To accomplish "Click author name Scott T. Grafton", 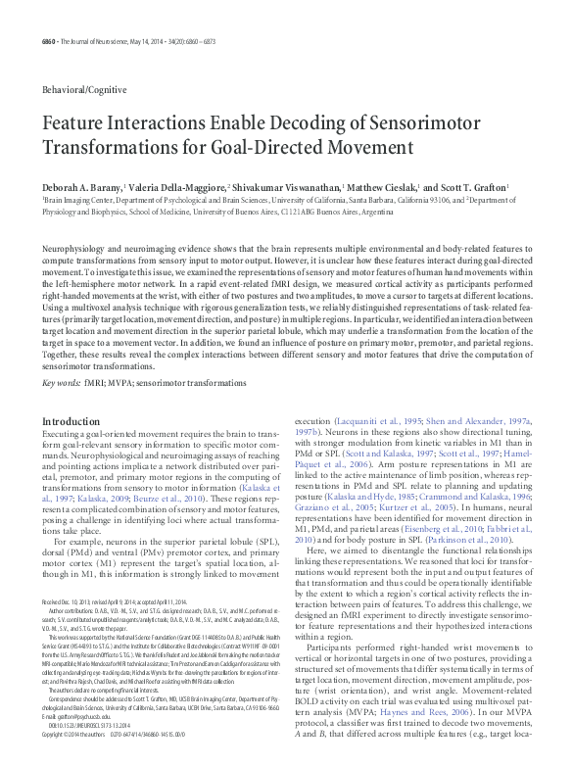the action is tap(474, 186).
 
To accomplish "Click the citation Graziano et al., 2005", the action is tap(337, 509).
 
